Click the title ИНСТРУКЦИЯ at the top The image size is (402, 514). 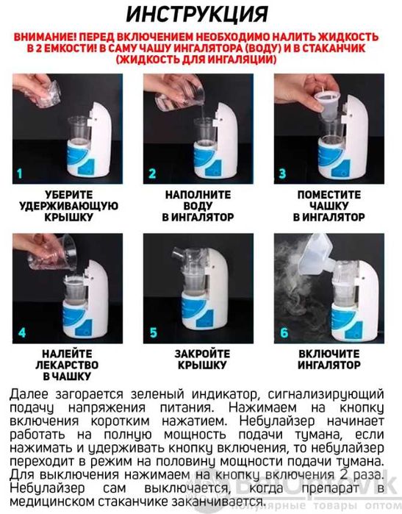pyautogui.click(x=201, y=15)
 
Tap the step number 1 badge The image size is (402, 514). pyautogui.click(x=21, y=174)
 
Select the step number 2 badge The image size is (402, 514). pyautogui.click(x=152, y=174)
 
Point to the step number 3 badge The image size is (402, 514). pyautogui.click(x=283, y=174)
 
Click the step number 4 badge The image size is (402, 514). pyautogui.click(x=21, y=332)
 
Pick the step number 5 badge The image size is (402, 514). pyautogui.click(x=152, y=332)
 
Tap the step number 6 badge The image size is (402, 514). pyautogui.click(x=283, y=332)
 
